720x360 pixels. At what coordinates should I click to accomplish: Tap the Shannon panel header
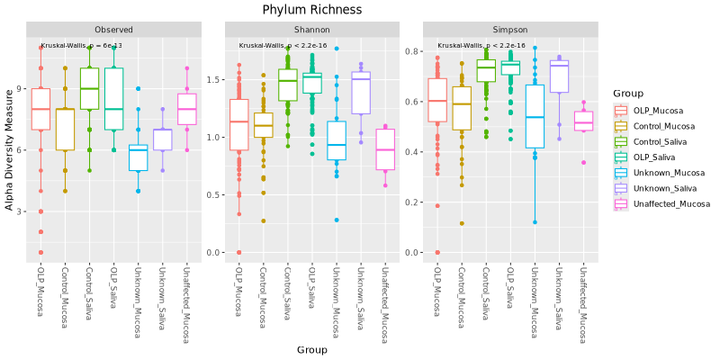[x=311, y=30]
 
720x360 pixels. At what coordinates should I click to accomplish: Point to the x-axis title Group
[x=311, y=349]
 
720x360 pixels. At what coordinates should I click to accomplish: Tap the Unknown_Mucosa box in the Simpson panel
[x=535, y=116]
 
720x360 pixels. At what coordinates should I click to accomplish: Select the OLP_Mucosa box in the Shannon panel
[x=238, y=124]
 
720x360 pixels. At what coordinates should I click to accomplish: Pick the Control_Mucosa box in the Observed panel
[x=65, y=129]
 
